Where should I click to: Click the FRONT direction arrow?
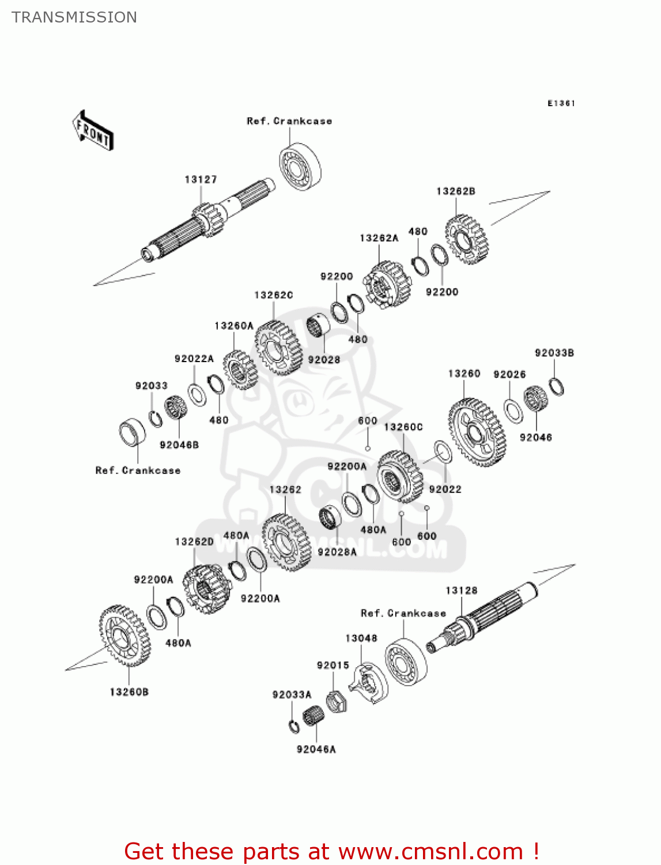pyautogui.click(x=93, y=131)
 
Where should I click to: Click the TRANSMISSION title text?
pyautogui.click(x=74, y=17)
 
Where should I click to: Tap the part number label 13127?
pyautogui.click(x=201, y=180)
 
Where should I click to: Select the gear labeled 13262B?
pyautogui.click(x=467, y=239)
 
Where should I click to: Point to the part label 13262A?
pyautogui.click(x=379, y=238)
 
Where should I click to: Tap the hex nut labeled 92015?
pyautogui.click(x=335, y=701)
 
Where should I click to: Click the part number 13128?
pyautogui.click(x=461, y=591)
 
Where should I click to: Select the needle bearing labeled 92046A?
pyautogui.click(x=313, y=716)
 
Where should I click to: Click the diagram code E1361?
pyautogui.click(x=561, y=103)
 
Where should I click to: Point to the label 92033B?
pyautogui.click(x=554, y=353)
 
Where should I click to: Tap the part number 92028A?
pyautogui.click(x=337, y=552)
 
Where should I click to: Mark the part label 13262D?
pyautogui.click(x=194, y=542)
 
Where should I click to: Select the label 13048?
pyautogui.click(x=361, y=638)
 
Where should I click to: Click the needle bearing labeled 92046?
pyautogui.click(x=535, y=398)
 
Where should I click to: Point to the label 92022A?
pyautogui.click(x=194, y=359)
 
